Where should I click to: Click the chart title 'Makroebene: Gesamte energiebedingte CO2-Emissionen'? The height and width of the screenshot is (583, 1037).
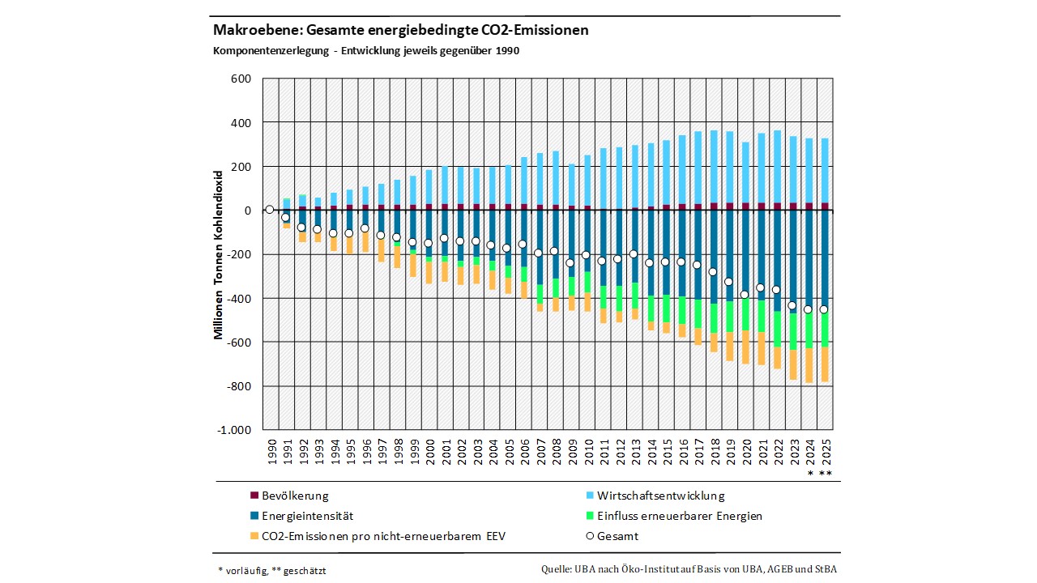pos(400,30)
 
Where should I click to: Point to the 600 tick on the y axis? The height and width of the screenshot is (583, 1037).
pos(241,79)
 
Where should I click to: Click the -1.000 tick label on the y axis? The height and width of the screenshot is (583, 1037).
pos(234,430)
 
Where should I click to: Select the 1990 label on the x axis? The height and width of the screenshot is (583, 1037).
pos(271,450)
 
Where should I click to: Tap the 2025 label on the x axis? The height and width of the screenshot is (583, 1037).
pos(826,450)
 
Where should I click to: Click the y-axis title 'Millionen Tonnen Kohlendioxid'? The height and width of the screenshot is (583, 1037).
pos(219,254)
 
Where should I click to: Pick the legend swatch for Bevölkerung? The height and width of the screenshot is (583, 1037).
pos(254,496)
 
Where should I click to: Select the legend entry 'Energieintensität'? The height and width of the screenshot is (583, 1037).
pos(307,516)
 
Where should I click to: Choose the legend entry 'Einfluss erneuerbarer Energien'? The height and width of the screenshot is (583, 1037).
pos(679,516)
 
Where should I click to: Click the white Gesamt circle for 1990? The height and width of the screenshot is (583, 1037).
pos(270,210)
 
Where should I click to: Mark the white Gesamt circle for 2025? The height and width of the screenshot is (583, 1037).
pos(824,309)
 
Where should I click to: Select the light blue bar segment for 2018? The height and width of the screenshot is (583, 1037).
pos(714,166)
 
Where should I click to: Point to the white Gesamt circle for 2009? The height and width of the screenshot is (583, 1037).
pos(570,263)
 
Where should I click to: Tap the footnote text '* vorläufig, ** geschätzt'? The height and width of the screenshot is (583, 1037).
pos(272,570)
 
